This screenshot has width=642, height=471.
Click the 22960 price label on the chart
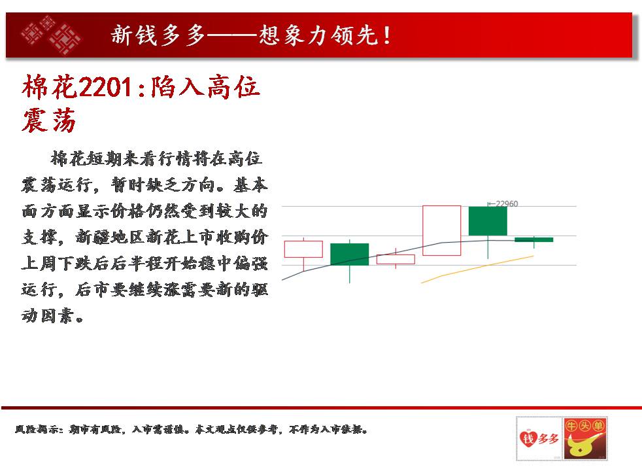tap(507, 203)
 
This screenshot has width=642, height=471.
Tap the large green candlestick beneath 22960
tap(488, 221)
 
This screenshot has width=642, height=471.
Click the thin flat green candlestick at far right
tap(534, 239)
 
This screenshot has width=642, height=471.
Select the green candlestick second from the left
tap(349, 254)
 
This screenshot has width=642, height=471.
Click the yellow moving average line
tap(477, 268)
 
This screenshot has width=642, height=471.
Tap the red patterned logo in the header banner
tap(51, 35)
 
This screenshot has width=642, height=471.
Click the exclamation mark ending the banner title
tap(386, 35)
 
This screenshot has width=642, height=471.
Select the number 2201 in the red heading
tap(105, 88)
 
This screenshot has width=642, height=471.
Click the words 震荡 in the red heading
tap(49, 120)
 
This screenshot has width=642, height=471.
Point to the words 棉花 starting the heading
tap(50, 87)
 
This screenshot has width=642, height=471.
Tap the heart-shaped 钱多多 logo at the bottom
tap(539, 439)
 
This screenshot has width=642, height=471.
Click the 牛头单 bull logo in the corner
tap(585, 439)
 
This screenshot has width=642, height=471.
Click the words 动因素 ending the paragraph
tap(48, 315)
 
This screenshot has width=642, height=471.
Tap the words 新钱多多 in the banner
tap(158, 35)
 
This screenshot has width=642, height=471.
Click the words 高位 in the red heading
tap(233, 87)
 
